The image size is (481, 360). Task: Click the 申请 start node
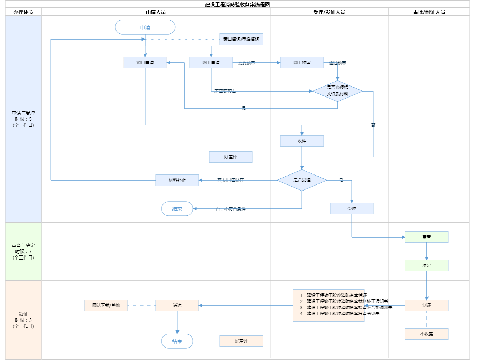[145, 27]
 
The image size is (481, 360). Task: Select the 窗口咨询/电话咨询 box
[241, 39]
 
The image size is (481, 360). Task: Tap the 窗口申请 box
[145, 63]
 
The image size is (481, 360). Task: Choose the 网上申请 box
[211, 63]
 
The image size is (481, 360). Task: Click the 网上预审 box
[302, 63]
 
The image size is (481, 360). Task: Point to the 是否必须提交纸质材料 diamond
[337, 91]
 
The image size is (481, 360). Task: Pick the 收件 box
[302, 141]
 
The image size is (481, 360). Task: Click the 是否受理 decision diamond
[302, 180]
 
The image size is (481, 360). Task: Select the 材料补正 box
[177, 180]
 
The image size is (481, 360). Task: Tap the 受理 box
[352, 209]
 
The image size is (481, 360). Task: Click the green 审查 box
[426, 237]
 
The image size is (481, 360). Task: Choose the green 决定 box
[426, 266]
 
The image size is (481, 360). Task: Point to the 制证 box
[426, 306]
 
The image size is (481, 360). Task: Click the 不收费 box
[426, 334]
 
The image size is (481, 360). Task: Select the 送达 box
[177, 306]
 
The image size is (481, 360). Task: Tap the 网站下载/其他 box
[106, 306]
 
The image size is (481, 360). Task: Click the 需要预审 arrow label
[246, 63]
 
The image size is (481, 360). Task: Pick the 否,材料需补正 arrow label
[231, 181]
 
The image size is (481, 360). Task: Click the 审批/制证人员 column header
[429, 12]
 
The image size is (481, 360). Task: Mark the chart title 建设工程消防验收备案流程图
[237, 5]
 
